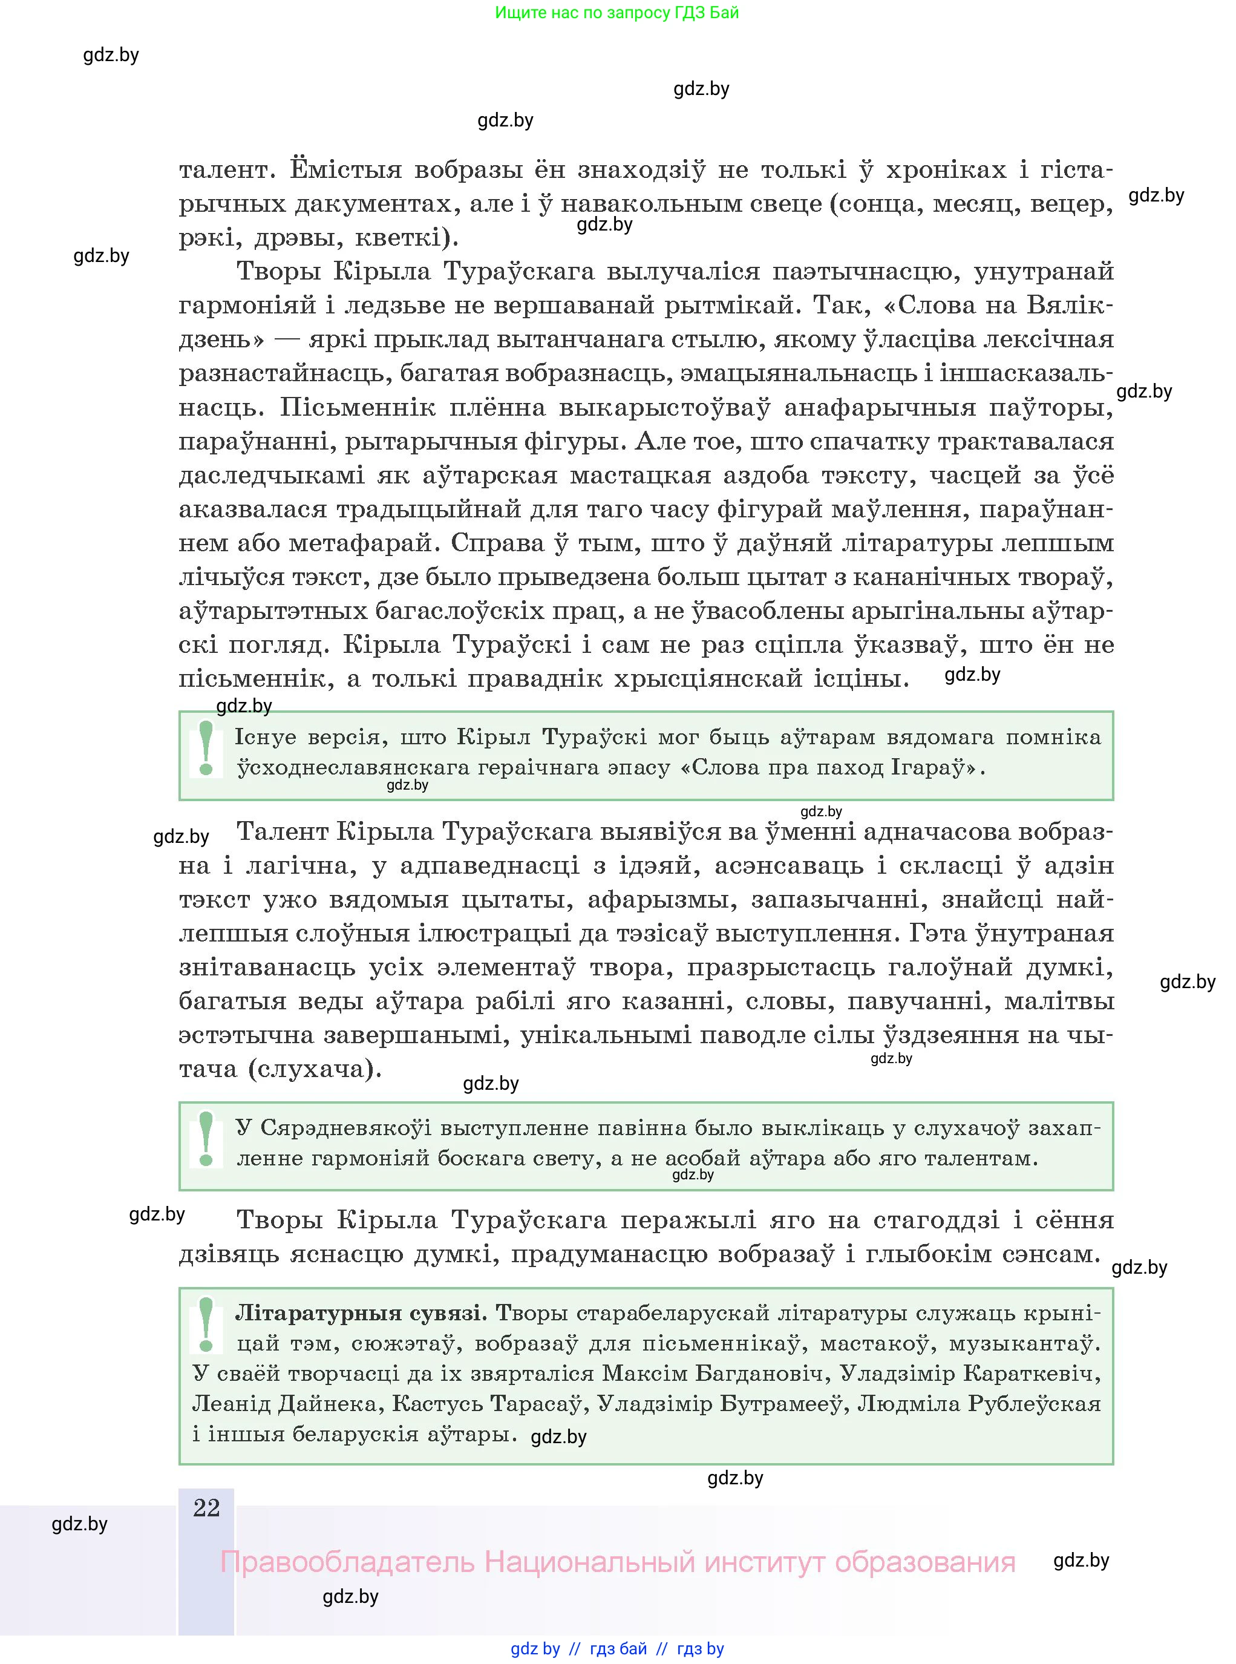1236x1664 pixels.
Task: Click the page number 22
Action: coord(206,1508)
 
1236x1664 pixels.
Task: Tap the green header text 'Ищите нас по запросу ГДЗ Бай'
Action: coord(616,13)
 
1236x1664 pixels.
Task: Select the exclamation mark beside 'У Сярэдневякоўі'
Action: coord(206,1139)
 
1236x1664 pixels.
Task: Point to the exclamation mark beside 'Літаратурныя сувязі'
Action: coord(206,1325)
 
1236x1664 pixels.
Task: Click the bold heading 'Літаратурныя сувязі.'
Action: coord(361,1313)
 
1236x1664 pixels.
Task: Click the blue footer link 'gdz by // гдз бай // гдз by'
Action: coord(617,1648)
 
